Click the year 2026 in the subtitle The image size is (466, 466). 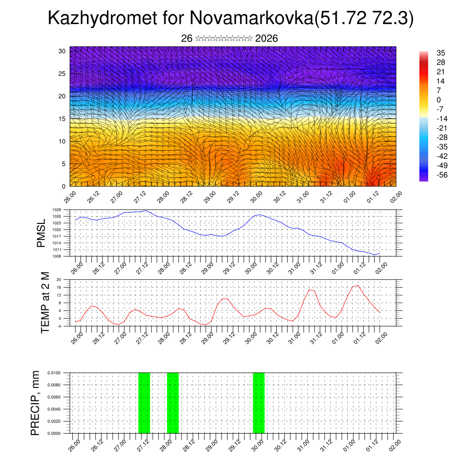(267, 38)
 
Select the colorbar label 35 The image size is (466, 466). (441, 53)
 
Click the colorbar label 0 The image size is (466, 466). (439, 100)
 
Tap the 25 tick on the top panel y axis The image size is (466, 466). (62, 74)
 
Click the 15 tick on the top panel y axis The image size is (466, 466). (62, 119)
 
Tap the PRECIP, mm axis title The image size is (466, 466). (35, 403)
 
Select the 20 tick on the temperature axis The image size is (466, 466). (59, 279)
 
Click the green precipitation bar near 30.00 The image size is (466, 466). (258, 403)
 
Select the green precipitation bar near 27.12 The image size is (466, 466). (144, 403)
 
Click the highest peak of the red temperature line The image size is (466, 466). (358, 285)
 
